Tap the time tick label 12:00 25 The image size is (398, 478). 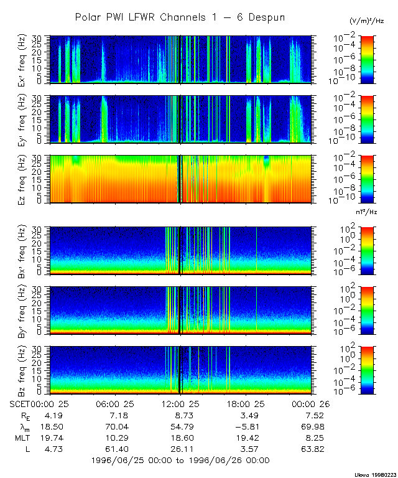click(x=180, y=403)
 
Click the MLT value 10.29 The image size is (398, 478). click(x=115, y=438)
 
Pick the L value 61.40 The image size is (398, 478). click(x=115, y=449)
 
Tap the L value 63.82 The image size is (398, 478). click(x=311, y=449)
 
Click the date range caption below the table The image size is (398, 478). click(x=180, y=461)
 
